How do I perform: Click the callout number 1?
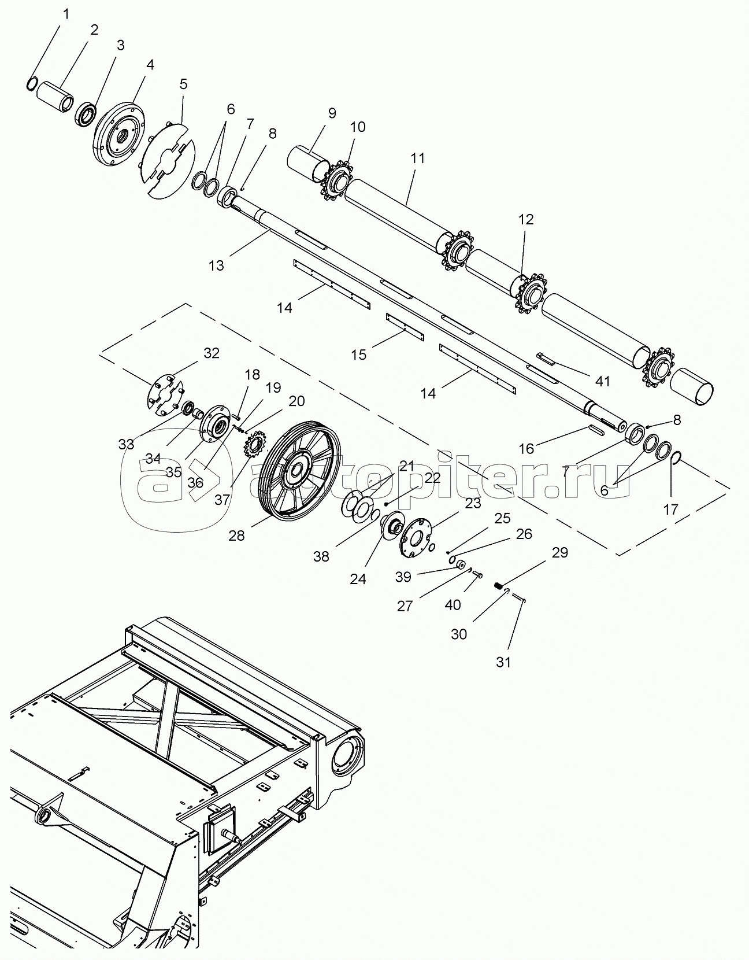(x=66, y=14)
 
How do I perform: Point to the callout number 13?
(x=216, y=265)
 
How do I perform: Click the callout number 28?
(x=236, y=536)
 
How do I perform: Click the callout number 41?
(x=602, y=381)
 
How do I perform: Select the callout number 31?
(x=503, y=674)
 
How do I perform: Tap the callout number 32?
(x=212, y=353)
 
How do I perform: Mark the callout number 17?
(x=670, y=509)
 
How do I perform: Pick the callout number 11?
(x=417, y=158)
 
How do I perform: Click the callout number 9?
(x=332, y=113)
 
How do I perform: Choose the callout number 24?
(x=358, y=579)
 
